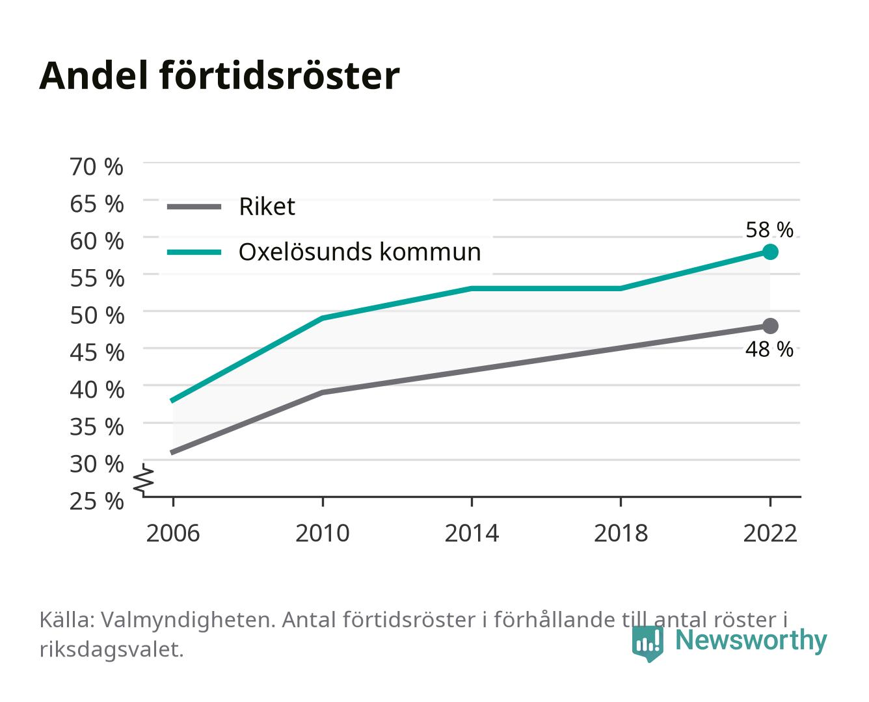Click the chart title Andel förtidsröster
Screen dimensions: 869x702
tap(219, 76)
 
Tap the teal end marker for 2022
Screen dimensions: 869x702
tap(770, 252)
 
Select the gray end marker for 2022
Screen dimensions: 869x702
tap(770, 326)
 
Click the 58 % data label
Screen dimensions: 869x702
tap(769, 229)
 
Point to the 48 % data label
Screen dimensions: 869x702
tap(769, 349)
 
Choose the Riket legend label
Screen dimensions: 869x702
tap(267, 207)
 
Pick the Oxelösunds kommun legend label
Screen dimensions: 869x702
tap(360, 252)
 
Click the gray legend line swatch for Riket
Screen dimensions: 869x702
tap(194, 207)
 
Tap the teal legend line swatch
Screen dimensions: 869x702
tap(194, 252)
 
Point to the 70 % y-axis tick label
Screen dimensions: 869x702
tap(96, 167)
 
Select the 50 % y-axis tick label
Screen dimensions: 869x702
tap(97, 315)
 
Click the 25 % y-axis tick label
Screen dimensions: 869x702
tap(96, 501)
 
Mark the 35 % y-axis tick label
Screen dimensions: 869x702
tap(97, 427)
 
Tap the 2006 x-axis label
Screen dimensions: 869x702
tap(173, 533)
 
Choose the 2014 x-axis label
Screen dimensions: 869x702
tap(472, 533)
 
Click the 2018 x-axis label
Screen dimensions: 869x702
tap(621, 533)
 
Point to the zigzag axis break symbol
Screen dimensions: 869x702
tap(144, 480)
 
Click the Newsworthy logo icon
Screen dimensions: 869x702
tap(647, 643)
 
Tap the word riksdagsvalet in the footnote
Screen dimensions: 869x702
tap(111, 649)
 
